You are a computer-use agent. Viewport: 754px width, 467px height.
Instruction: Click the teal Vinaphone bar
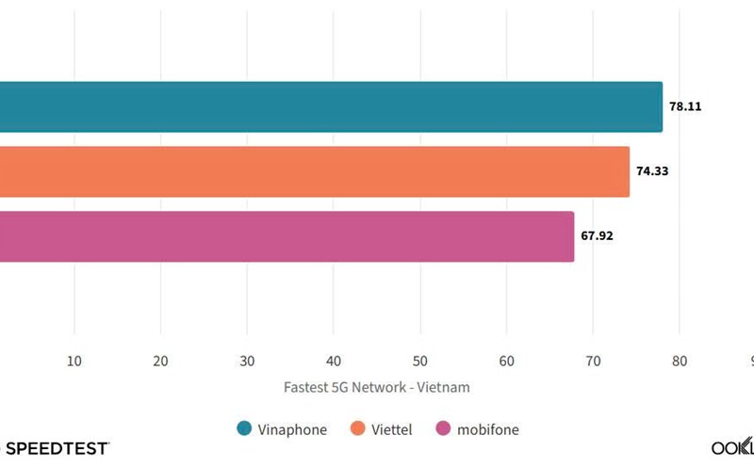330,106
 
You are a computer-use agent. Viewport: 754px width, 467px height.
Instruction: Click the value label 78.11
685,107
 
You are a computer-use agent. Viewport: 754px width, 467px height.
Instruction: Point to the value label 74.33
652,171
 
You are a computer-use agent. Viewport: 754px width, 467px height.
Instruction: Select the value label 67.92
597,236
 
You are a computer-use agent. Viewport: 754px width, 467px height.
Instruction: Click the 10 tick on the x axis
74,361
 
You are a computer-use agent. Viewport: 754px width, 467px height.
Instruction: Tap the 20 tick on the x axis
160,361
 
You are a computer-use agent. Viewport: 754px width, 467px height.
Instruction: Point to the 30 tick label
247,361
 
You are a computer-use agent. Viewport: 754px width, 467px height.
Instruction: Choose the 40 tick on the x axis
334,361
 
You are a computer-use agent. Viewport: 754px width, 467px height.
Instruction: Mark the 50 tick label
420,361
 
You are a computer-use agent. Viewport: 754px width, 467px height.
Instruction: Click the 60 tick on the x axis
506,361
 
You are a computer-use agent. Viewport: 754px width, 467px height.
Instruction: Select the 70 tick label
593,361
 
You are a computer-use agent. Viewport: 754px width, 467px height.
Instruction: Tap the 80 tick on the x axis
680,361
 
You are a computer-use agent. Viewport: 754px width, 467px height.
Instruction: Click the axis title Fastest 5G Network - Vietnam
377,387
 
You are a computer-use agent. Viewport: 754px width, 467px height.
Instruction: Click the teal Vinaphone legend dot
244,429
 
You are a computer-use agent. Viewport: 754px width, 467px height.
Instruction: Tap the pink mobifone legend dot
443,429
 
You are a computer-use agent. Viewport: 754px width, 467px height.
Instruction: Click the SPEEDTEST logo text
57,448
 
